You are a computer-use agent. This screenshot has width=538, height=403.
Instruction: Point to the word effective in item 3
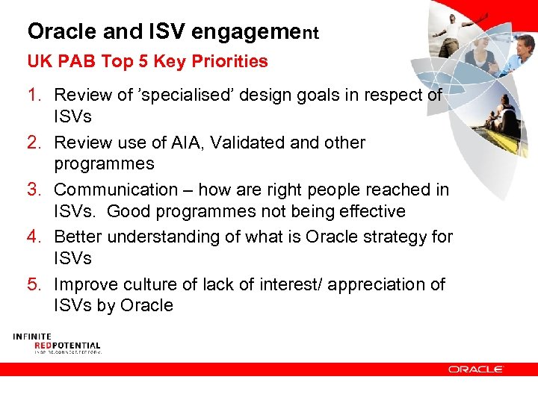pos(368,212)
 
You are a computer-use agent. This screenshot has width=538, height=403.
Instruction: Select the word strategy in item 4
pos(394,237)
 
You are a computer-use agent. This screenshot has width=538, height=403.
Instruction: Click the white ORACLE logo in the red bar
pos(476,369)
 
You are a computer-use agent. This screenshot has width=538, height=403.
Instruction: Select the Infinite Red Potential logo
pos(56,343)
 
